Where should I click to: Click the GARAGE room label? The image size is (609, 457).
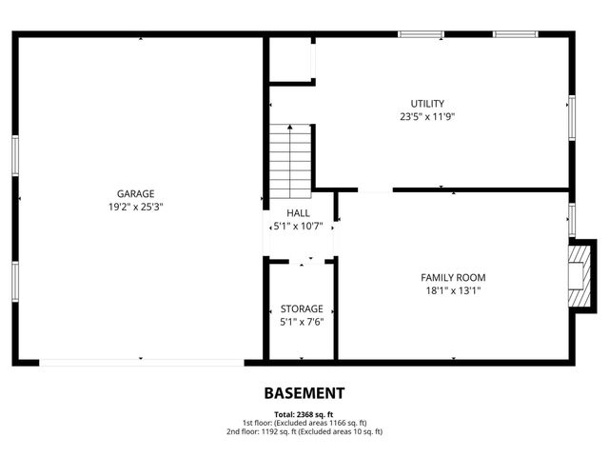135,193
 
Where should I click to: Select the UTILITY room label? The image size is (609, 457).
427,104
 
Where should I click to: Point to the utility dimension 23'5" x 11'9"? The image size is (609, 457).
427,117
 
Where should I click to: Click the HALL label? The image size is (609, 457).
298,213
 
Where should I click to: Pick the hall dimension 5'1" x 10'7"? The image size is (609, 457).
298,227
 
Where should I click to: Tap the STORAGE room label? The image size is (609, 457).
301,308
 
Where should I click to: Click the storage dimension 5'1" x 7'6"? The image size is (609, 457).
301,322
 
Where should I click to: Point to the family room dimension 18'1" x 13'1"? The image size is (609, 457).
453,291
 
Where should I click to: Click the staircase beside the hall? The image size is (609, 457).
290,158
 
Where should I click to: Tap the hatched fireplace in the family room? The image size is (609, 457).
578,276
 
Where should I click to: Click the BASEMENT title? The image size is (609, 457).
304,392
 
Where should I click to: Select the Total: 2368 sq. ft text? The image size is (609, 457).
304,414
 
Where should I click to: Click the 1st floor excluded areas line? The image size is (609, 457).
304,423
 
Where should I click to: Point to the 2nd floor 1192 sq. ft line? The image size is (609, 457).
304,431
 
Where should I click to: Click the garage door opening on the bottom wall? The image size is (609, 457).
141,362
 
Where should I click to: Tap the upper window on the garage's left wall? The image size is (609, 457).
15,155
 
